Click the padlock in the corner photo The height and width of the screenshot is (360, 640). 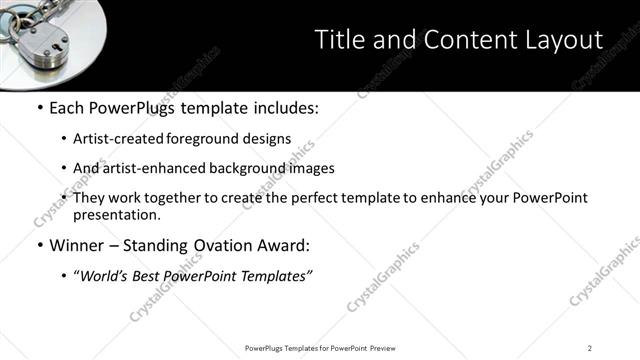[x=40, y=35]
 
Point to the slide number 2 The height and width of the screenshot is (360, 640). [x=590, y=347]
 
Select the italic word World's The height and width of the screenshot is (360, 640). [x=106, y=276]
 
